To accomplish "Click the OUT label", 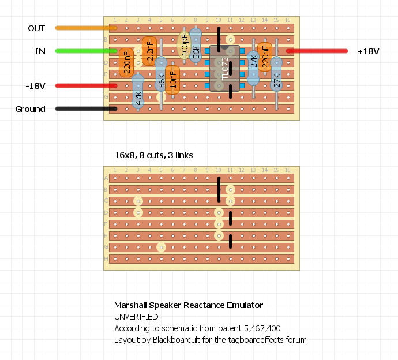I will [x=36, y=28].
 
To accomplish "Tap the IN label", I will [x=40, y=51].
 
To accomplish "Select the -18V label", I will [x=35, y=86].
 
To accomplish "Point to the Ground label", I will [x=30, y=109].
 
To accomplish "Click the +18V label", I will [x=368, y=51].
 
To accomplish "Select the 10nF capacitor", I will [x=172, y=79].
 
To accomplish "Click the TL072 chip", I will [x=224, y=69].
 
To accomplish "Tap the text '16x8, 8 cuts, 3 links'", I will [x=153, y=155].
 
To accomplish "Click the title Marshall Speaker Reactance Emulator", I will [x=188, y=305].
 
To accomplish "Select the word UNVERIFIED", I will [x=136, y=317].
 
